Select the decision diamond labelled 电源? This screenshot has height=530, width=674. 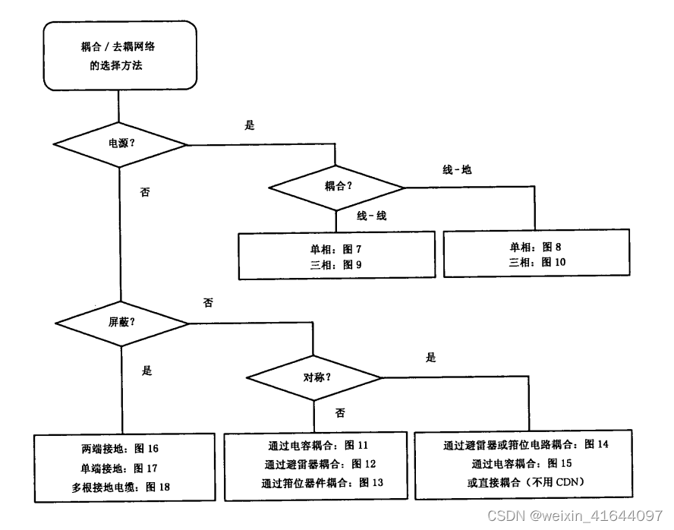(x=122, y=142)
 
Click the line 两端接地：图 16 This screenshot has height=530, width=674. (x=120, y=448)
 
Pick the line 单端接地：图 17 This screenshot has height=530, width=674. (x=120, y=467)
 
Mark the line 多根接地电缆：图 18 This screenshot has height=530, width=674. (x=120, y=486)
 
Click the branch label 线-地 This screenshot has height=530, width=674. (x=457, y=169)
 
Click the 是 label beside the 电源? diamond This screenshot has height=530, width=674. (x=250, y=126)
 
